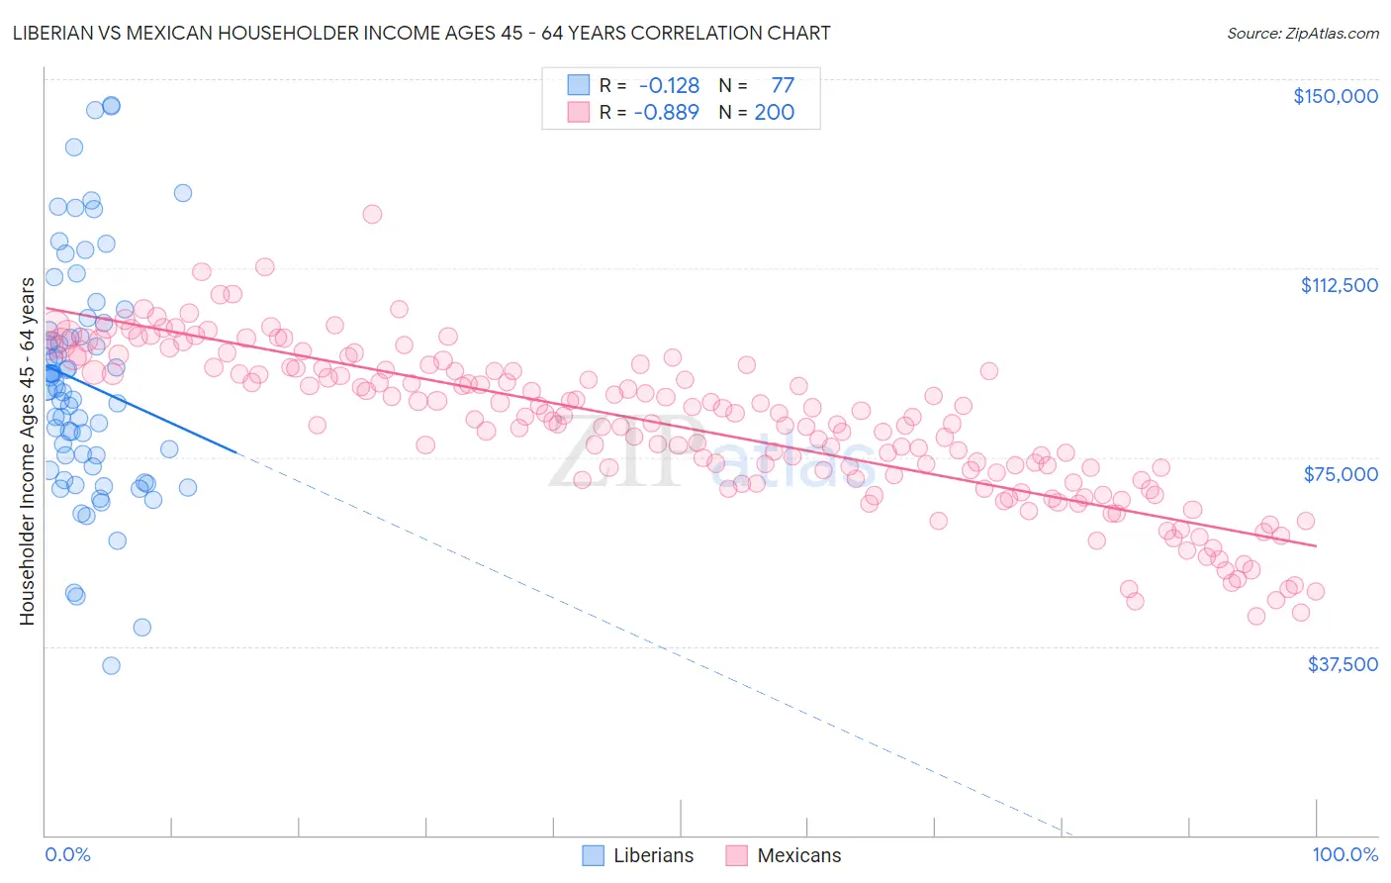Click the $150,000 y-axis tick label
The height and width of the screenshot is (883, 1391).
pyautogui.click(x=1335, y=96)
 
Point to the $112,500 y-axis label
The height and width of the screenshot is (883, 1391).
pyautogui.click(x=1339, y=285)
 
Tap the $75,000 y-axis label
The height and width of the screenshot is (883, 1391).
pyautogui.click(x=1341, y=474)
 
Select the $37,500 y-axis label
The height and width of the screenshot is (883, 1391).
pyautogui.click(x=1342, y=664)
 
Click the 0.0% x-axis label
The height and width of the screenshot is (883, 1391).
pyautogui.click(x=67, y=855)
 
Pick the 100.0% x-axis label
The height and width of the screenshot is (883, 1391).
pyautogui.click(x=1345, y=855)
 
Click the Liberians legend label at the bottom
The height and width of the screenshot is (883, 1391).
pyautogui.click(x=653, y=855)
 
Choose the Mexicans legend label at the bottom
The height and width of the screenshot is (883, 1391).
pyautogui.click(x=798, y=855)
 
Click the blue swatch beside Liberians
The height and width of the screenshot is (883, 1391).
pyautogui.click(x=593, y=855)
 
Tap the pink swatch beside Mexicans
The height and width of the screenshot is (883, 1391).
pyautogui.click(x=736, y=855)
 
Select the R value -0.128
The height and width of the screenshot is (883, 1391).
pyautogui.click(x=669, y=85)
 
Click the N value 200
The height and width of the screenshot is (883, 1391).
pyautogui.click(x=774, y=112)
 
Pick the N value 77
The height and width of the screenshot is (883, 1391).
pyautogui.click(x=782, y=85)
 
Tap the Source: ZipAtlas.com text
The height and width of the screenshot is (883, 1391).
pyautogui.click(x=1302, y=33)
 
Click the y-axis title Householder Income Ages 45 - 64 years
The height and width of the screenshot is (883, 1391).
pyautogui.click(x=27, y=450)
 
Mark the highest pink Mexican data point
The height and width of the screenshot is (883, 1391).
pyautogui.click(x=372, y=214)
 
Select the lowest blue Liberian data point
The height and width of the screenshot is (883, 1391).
pyautogui.click(x=111, y=665)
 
